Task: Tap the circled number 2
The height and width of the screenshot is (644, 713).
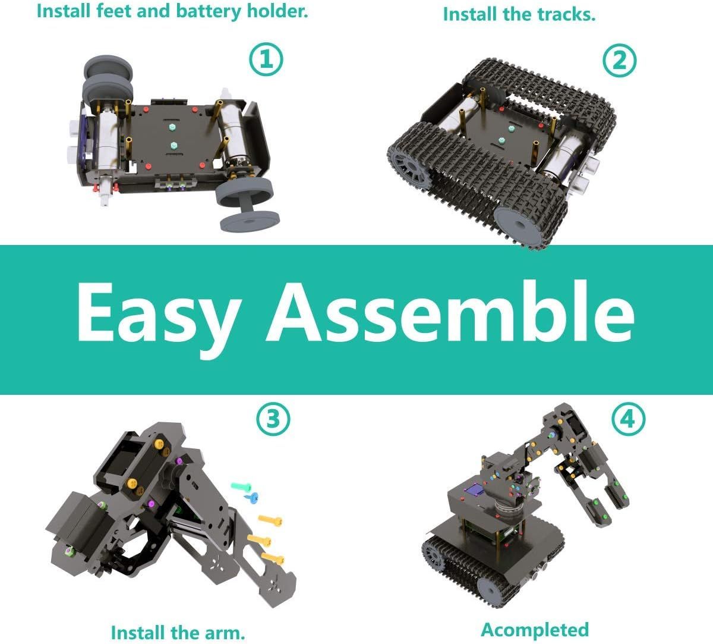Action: click(x=619, y=60)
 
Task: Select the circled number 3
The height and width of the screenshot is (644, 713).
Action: click(x=273, y=419)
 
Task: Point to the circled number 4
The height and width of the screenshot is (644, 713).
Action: click(x=628, y=419)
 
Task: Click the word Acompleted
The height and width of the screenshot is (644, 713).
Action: click(x=535, y=630)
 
